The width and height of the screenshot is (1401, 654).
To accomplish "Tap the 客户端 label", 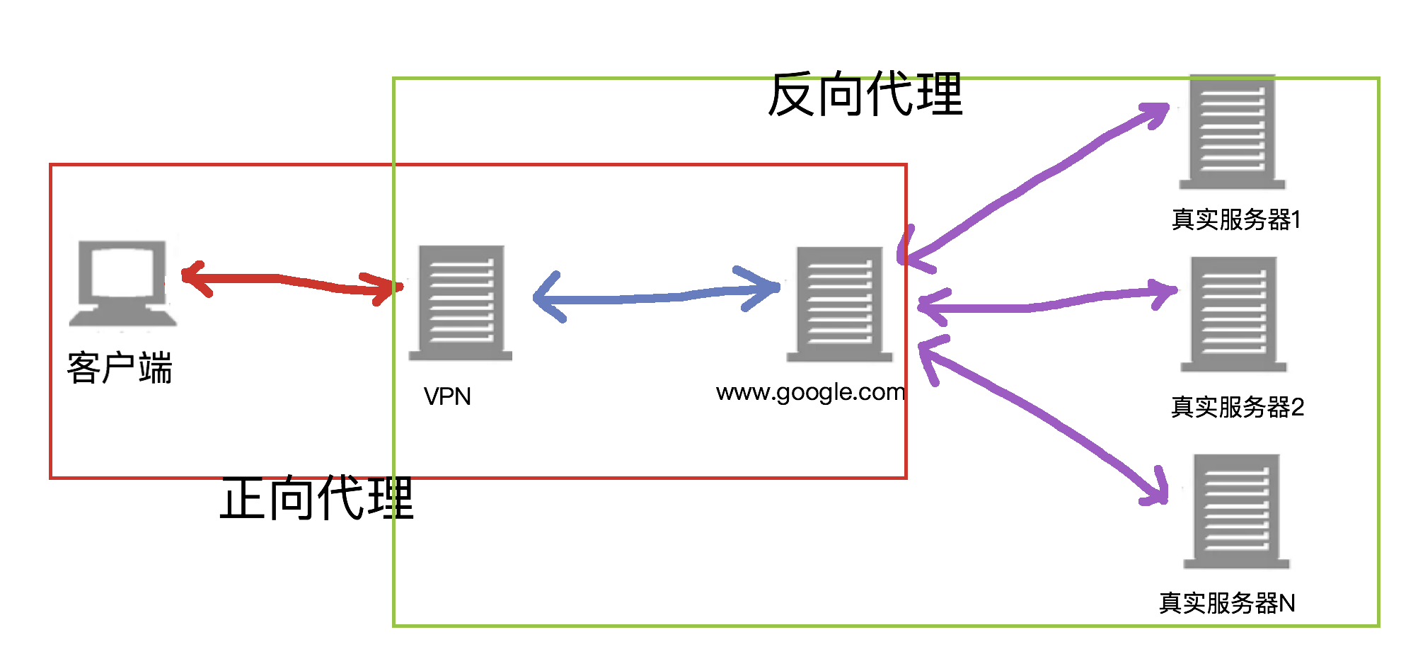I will (120, 368).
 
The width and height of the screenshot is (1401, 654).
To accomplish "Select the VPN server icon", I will (461, 303).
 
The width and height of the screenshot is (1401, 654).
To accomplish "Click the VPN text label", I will (447, 396).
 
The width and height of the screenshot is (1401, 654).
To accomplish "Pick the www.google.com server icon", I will (840, 304).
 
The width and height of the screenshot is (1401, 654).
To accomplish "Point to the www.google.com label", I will (810, 392).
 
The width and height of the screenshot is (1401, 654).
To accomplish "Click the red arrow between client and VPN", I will (290, 281).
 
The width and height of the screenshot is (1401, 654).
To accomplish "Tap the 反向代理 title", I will (865, 94).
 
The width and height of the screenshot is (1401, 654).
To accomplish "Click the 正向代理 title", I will (316, 498).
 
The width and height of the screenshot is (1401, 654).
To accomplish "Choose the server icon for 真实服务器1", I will (1232, 132).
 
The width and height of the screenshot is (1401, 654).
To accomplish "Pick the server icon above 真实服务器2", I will (1233, 314).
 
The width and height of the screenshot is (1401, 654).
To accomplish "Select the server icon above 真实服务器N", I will (1236, 512).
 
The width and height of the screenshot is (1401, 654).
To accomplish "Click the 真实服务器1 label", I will (1236, 219).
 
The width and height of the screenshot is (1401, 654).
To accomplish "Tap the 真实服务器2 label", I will (1237, 407).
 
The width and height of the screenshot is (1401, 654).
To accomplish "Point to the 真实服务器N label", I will (1227, 603).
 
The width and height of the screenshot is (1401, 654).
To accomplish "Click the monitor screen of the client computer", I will (122, 270).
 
